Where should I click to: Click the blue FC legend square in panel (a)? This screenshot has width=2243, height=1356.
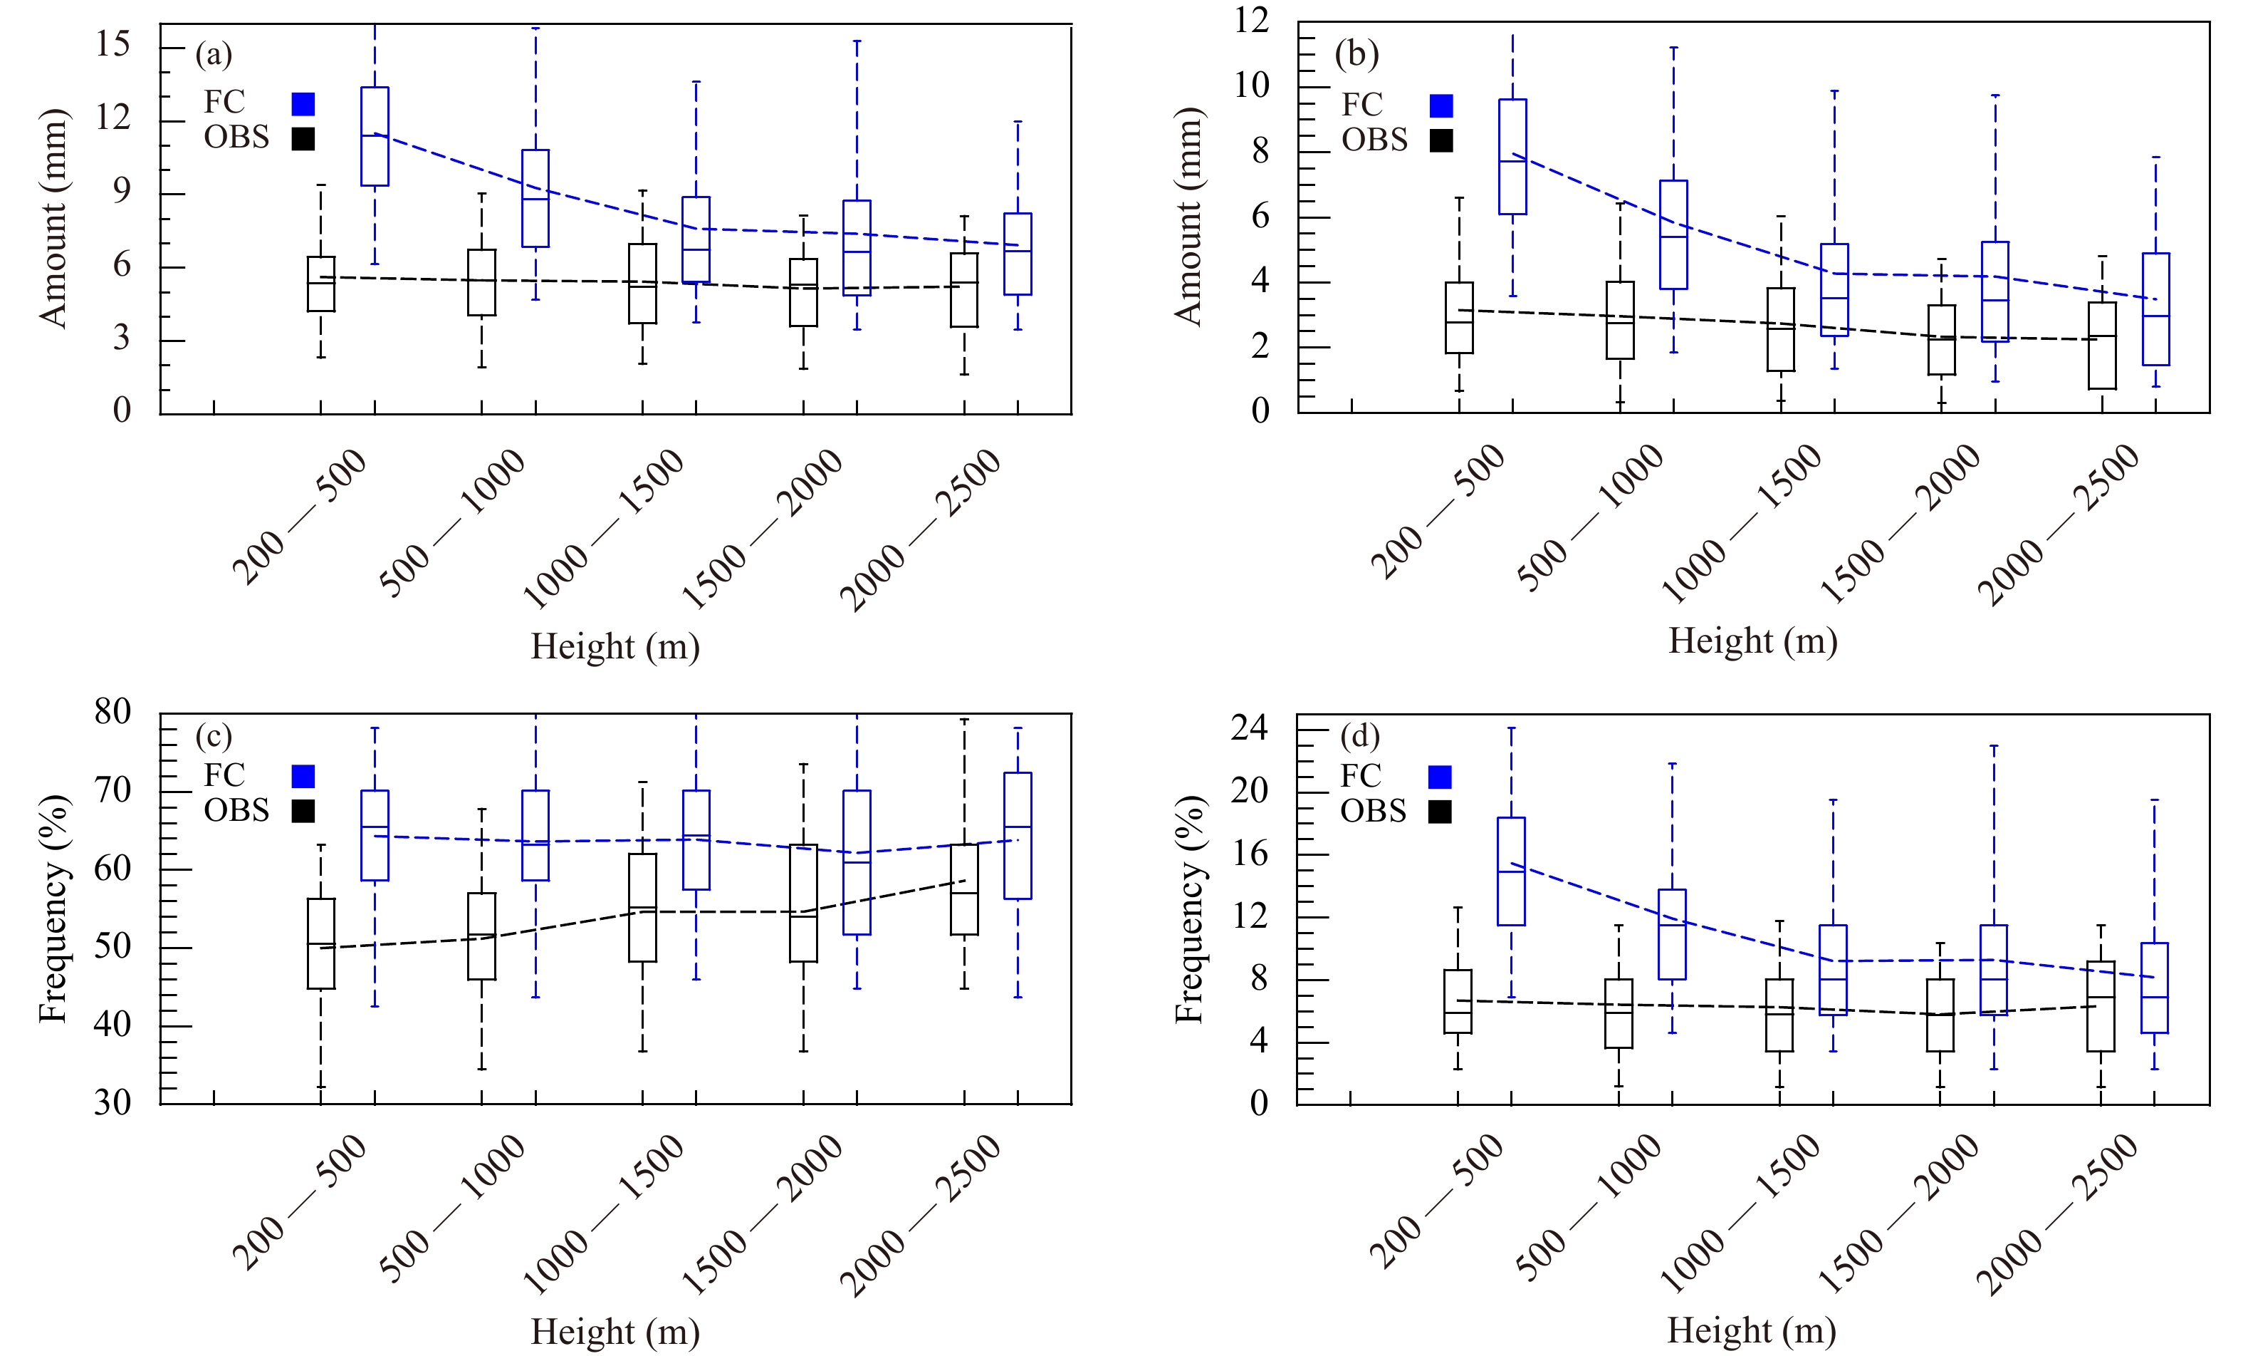pyautogui.click(x=303, y=104)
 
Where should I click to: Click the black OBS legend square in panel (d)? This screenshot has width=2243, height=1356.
pyautogui.click(x=1440, y=812)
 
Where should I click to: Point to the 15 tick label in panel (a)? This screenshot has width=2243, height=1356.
pyautogui.click(x=113, y=43)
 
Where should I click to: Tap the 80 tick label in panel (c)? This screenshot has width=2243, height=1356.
pyautogui.click(x=113, y=711)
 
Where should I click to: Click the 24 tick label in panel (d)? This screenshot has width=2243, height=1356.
pyautogui.click(x=1249, y=728)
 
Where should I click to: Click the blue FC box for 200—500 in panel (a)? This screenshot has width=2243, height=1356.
pyautogui.click(x=375, y=137)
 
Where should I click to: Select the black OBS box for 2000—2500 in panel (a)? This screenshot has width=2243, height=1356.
pyautogui.click(x=964, y=289)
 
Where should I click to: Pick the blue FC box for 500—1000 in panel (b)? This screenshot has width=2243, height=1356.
pyautogui.click(x=1673, y=235)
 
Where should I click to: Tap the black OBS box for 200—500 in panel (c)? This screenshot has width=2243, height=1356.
pyautogui.click(x=320, y=943)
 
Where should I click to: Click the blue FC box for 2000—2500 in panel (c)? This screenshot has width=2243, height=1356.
pyautogui.click(x=1018, y=836)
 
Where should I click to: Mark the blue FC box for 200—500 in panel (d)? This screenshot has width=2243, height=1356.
pyautogui.click(x=1511, y=871)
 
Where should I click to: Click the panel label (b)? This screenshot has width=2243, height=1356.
pyautogui.click(x=1356, y=55)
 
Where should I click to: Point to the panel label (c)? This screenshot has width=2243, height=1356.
pyautogui.click(x=214, y=736)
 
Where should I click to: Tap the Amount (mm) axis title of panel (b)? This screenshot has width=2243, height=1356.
pyautogui.click(x=1189, y=217)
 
